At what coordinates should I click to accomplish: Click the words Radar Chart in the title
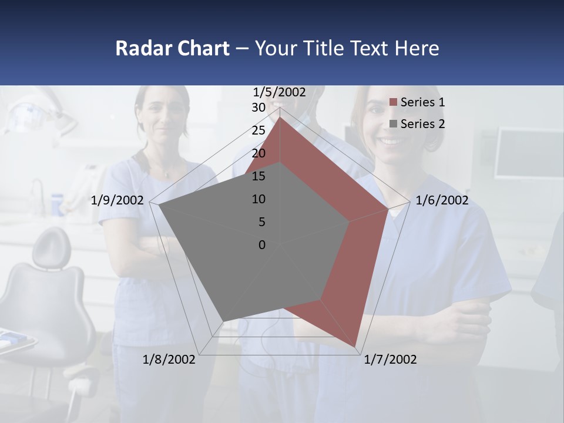pyautogui.click(x=172, y=48)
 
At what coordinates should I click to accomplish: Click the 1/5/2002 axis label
pyautogui.click(x=280, y=92)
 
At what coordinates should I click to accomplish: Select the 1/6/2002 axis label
pyautogui.click(x=442, y=200)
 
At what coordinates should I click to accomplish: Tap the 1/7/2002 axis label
pyautogui.click(x=390, y=360)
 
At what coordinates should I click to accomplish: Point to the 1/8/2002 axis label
pyautogui.click(x=169, y=360)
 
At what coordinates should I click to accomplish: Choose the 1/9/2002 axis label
pyautogui.click(x=117, y=200)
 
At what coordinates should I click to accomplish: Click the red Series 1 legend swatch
pyautogui.click(x=394, y=103)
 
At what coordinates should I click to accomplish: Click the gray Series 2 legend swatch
pyautogui.click(x=394, y=124)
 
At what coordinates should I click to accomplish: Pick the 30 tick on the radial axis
pyautogui.click(x=258, y=108)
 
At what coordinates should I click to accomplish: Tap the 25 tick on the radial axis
pyautogui.click(x=258, y=130)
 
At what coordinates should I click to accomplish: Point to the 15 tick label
pyautogui.click(x=258, y=176)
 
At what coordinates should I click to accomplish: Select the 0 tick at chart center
pyautogui.click(x=262, y=245)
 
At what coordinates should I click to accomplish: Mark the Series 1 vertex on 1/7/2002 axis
pyautogui.click(x=356, y=347)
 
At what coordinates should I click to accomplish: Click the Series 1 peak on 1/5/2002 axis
pyautogui.click(x=280, y=117)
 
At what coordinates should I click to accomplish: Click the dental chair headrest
pyautogui.click(x=51, y=247)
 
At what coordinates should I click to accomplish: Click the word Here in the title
pyautogui.click(x=417, y=48)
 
